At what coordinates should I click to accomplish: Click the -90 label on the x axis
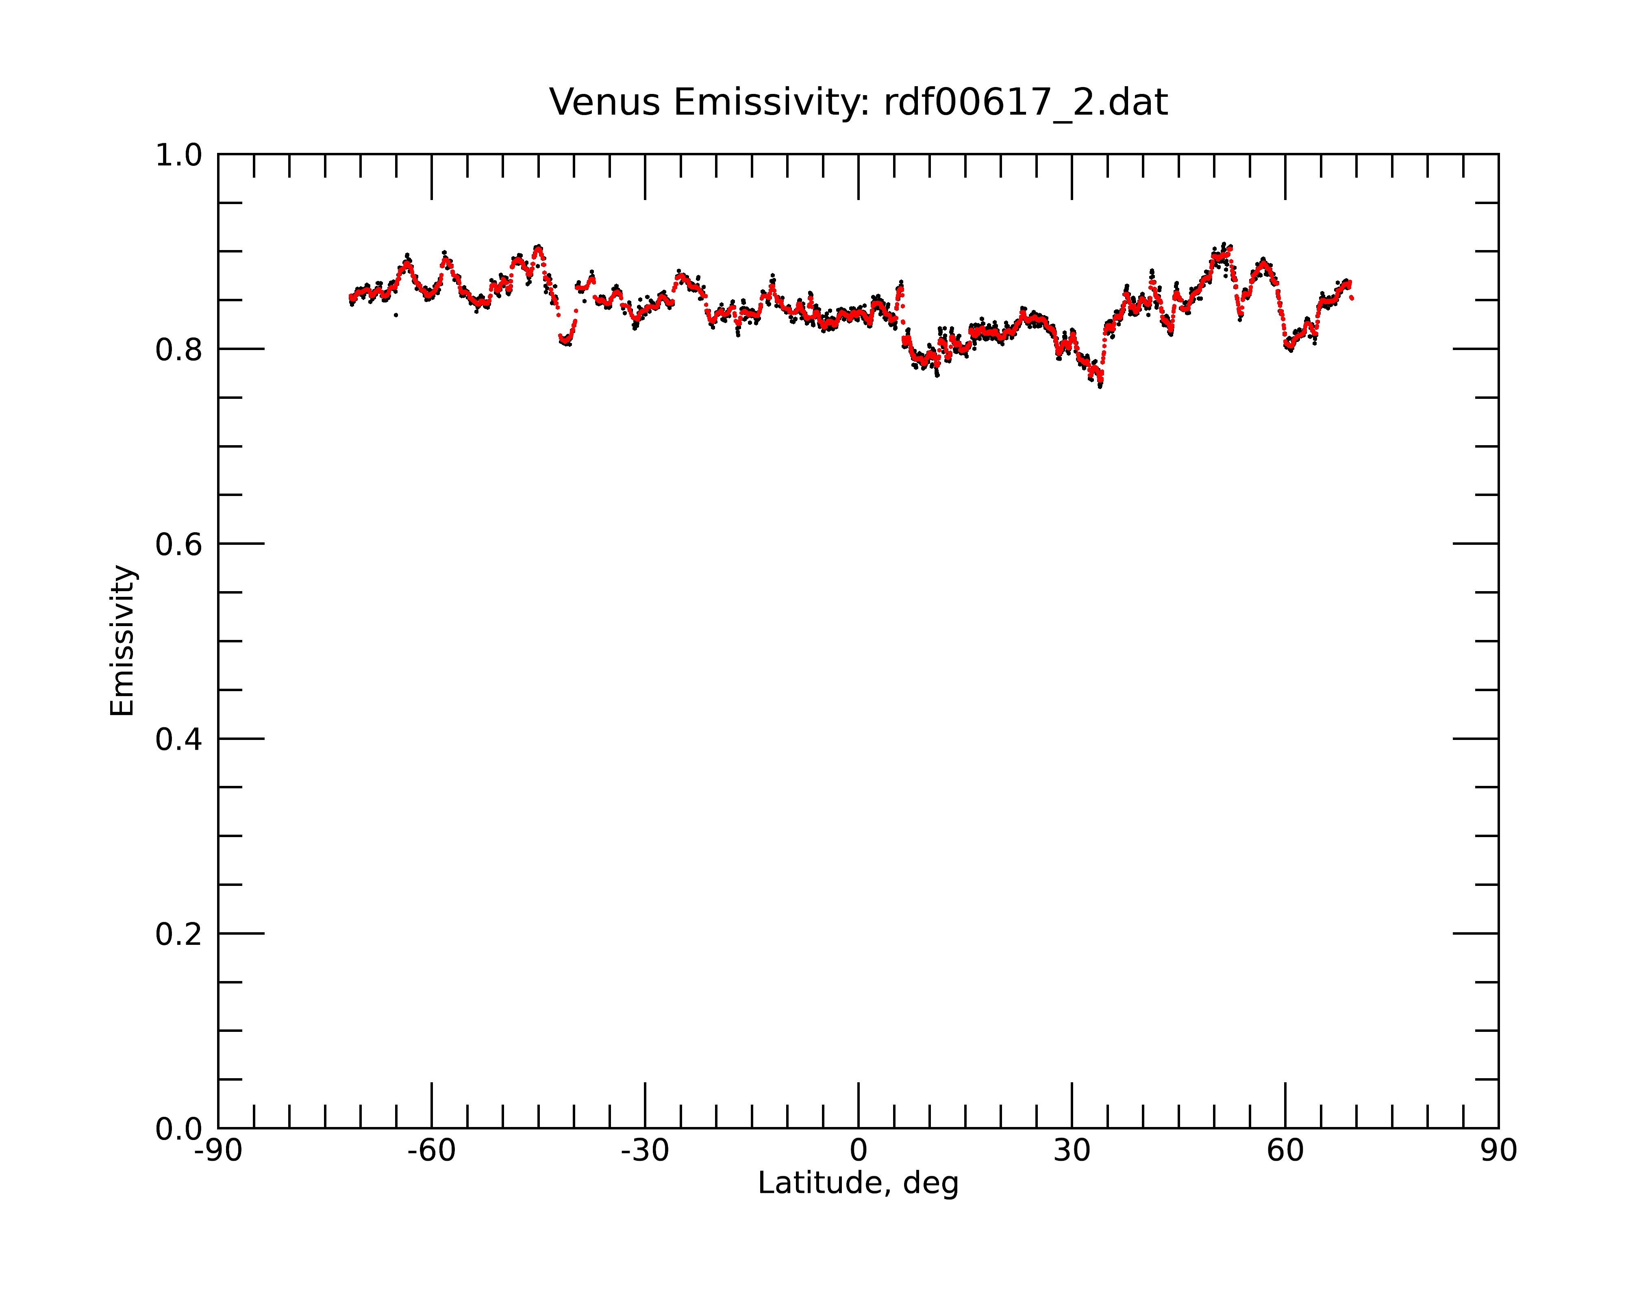pyautogui.click(x=218, y=1151)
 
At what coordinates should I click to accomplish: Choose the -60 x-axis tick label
pyautogui.click(x=431, y=1151)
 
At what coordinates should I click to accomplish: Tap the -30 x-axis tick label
pyautogui.click(x=645, y=1151)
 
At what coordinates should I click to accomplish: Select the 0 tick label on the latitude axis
pyautogui.click(x=858, y=1151)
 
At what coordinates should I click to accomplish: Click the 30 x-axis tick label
pyautogui.click(x=1072, y=1151)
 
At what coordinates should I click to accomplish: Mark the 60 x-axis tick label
pyautogui.click(x=1285, y=1151)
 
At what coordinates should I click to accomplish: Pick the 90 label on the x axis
pyautogui.click(x=1498, y=1151)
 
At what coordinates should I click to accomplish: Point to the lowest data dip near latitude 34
pyautogui.click(x=1100, y=385)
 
